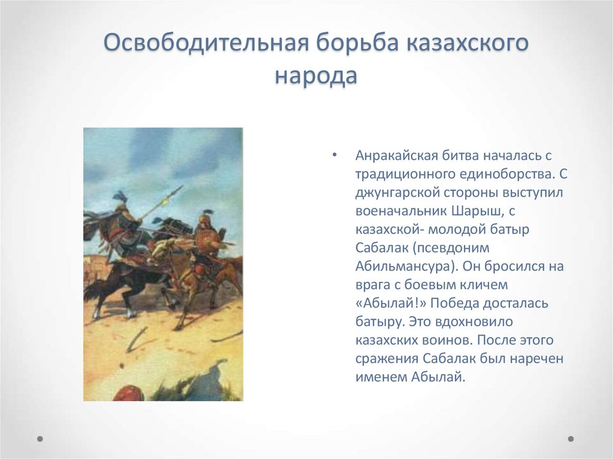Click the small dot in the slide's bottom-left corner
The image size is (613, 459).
click(40, 439)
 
